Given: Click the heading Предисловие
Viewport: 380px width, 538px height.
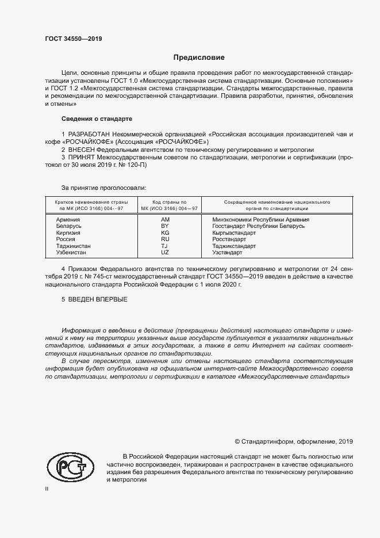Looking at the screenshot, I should click(199, 58).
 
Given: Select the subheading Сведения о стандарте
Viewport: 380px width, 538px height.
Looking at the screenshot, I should click(97, 119).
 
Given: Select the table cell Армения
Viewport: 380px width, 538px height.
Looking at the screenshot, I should click(68, 220).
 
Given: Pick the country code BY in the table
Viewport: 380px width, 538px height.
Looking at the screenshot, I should click(165, 227).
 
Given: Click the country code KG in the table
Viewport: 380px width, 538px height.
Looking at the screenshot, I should click(165, 233).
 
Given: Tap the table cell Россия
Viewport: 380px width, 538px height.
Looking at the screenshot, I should click(66, 239).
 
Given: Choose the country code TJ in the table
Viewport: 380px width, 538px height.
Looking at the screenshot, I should click(165, 246).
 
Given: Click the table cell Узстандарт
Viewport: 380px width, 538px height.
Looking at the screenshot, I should click(227, 253).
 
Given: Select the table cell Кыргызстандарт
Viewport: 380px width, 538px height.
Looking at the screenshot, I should click(234, 233).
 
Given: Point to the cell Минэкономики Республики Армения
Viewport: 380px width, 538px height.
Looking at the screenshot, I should click(260, 220).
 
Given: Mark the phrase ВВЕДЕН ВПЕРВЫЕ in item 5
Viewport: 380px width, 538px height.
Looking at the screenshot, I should click(94, 299).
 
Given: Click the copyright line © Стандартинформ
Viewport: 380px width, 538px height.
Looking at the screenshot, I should click(293, 441).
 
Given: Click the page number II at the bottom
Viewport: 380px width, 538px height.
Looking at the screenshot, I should click(47, 489).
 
